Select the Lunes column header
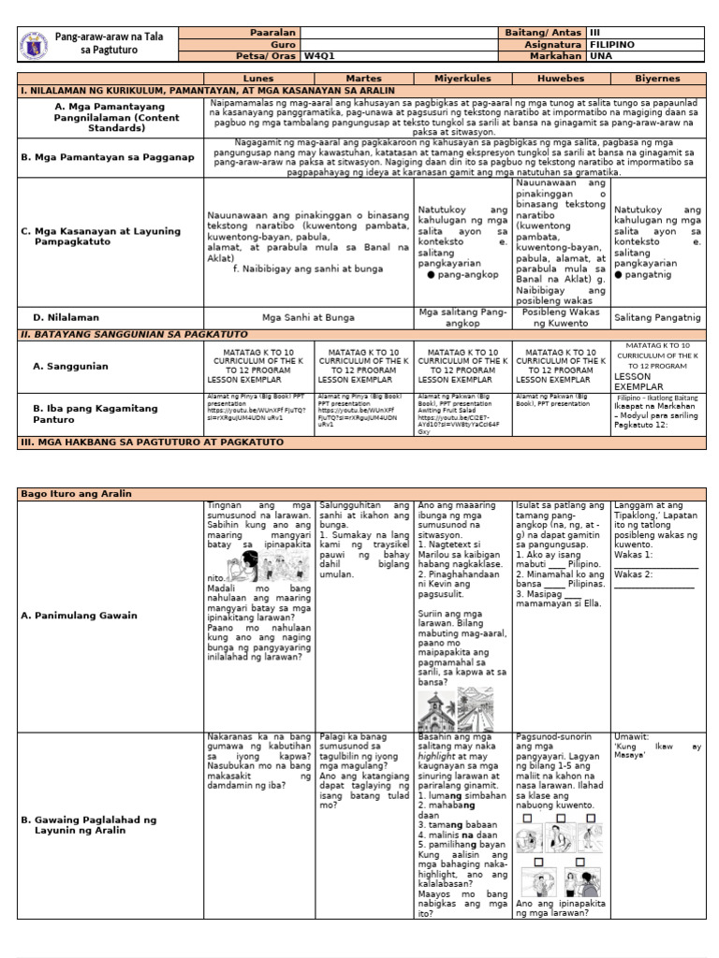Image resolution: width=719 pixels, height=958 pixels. point(258,79)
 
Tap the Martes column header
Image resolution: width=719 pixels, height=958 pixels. point(363,79)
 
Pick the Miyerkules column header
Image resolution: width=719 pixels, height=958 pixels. point(462,79)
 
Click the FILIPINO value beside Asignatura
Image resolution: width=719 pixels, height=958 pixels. point(613,44)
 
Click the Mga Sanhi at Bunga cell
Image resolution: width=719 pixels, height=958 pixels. point(308,317)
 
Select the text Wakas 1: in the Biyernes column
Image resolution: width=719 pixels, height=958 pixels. point(634,553)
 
